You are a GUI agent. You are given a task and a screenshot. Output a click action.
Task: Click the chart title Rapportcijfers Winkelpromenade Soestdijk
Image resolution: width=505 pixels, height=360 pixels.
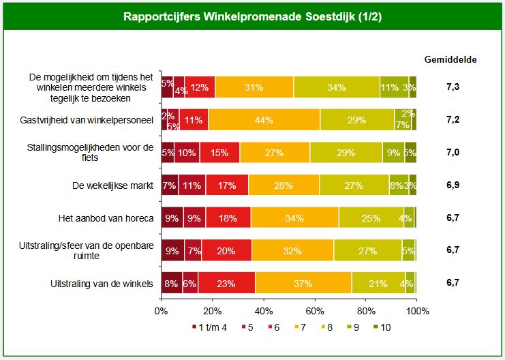coord(252,17)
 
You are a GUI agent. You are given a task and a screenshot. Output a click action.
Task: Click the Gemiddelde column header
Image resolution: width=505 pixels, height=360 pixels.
coord(450,59)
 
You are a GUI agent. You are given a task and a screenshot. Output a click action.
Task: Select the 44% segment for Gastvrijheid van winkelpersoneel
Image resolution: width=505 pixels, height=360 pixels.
coord(264,120)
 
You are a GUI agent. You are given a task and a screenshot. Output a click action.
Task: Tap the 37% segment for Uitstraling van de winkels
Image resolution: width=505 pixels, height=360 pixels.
coord(303,283)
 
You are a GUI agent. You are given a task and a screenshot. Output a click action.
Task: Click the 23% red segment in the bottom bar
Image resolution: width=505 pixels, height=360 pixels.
coord(227,283)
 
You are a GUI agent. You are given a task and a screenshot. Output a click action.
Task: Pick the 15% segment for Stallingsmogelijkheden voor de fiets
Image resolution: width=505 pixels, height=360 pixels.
coord(220,153)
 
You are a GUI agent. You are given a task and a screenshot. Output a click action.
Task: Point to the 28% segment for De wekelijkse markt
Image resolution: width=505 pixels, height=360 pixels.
coord(284,185)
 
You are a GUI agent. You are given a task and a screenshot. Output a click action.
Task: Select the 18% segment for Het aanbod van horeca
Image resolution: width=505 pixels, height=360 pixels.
coord(228,218)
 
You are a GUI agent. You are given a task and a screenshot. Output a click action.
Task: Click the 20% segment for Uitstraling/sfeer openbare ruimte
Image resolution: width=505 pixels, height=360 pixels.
coord(226,250)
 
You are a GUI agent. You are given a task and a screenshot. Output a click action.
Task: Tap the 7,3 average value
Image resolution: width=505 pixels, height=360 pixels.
coord(453,88)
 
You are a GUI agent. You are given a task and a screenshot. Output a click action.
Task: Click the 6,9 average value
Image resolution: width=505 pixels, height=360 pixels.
coord(453,185)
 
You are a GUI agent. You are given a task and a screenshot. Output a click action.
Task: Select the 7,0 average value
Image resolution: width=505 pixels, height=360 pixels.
coord(453,153)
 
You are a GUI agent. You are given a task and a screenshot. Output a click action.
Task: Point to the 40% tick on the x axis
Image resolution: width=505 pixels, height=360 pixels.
coord(264,311)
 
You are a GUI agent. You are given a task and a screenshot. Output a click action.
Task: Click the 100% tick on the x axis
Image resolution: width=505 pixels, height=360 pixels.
coord(417,311)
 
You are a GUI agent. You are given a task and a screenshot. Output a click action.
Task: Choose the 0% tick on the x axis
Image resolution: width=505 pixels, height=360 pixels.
coord(162,311)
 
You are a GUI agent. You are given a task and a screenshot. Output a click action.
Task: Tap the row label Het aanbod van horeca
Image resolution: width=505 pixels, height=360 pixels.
coord(106,218)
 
